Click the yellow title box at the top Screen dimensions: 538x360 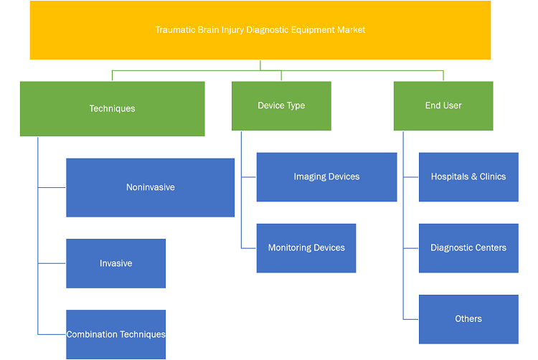(x=260, y=30)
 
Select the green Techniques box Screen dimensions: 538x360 (x=113, y=109)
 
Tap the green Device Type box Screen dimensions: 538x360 (x=281, y=106)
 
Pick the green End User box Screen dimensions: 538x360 (x=443, y=106)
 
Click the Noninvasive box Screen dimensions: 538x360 (x=151, y=188)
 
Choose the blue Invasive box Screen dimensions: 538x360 (x=116, y=263)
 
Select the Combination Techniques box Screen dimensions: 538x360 (x=116, y=334)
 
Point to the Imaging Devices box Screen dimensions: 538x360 (x=326, y=177)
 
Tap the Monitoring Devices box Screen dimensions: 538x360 (x=306, y=248)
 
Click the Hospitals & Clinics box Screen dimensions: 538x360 (x=468, y=177)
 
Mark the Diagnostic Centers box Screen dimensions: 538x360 (x=468, y=248)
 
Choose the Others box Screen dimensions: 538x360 (x=468, y=319)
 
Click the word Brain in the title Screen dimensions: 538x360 (x=209, y=30)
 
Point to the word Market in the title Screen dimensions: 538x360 (x=351, y=30)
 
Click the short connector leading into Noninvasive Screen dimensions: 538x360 (x=52, y=188)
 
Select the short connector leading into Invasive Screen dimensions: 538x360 (x=52, y=263)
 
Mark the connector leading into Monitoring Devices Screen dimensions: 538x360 (x=249, y=248)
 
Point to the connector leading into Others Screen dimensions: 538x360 (x=411, y=319)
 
